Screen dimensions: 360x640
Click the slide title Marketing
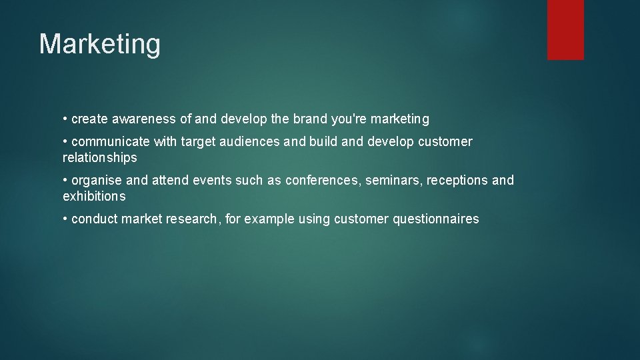[x=100, y=45]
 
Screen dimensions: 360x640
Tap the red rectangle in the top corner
[x=565, y=29]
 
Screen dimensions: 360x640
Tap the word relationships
[x=100, y=158]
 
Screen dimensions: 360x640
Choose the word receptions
[x=457, y=180]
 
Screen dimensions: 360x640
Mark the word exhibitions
[x=94, y=197]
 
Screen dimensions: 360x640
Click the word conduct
[x=94, y=219]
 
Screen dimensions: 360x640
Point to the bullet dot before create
[x=65, y=119]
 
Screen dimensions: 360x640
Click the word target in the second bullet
[x=198, y=141]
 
